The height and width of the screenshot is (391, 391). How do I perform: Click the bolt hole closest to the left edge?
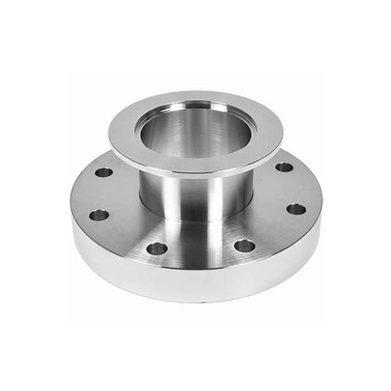(x=98, y=214)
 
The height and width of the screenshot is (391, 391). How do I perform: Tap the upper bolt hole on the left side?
(x=104, y=173)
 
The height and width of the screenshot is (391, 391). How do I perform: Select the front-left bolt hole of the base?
(x=156, y=248)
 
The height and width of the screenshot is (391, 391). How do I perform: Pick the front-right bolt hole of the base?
(x=244, y=246)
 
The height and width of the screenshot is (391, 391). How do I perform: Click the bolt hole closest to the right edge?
(x=296, y=209)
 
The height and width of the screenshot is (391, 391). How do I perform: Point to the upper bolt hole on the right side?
(x=284, y=167)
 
